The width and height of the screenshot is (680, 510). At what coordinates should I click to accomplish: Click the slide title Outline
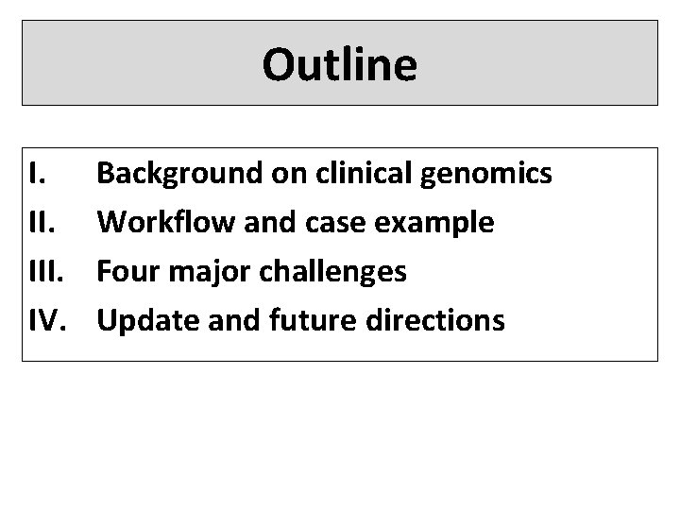339,64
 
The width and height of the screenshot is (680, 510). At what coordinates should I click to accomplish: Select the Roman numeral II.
40,222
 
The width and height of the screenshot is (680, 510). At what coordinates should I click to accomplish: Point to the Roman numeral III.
43,271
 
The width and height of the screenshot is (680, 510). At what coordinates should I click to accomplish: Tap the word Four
127,271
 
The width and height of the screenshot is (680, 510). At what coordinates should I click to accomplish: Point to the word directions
434,320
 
